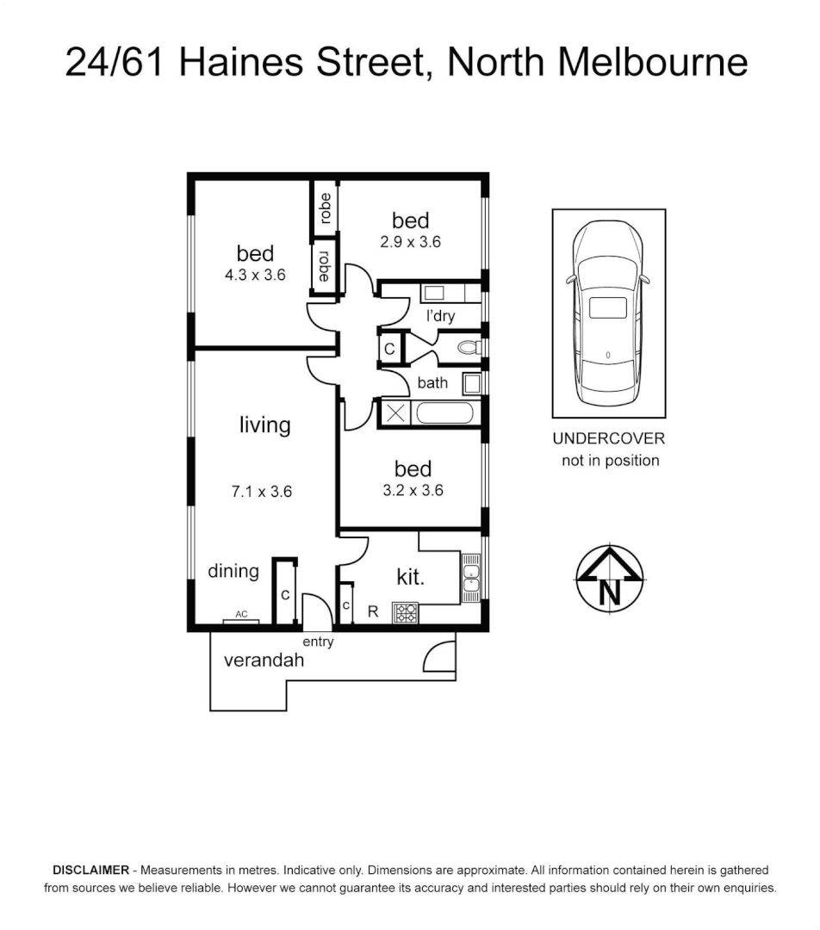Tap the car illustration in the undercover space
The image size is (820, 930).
point(608,314)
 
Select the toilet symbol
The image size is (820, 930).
point(469,349)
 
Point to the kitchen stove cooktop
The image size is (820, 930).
point(405,612)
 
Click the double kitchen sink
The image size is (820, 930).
point(471,573)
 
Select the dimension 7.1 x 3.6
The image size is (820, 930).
point(262,493)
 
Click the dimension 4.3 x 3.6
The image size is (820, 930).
point(255,275)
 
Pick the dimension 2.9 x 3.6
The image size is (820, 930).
point(410,242)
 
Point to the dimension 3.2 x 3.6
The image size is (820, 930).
point(413,491)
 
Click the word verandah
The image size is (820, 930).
point(264,661)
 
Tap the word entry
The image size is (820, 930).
point(318,642)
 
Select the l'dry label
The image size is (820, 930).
point(440,316)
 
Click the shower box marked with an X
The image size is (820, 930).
point(395,412)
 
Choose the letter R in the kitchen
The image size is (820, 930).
point(373,612)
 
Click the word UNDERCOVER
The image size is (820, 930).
point(608,438)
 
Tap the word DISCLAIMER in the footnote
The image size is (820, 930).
point(91,870)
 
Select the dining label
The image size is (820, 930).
point(233,571)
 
